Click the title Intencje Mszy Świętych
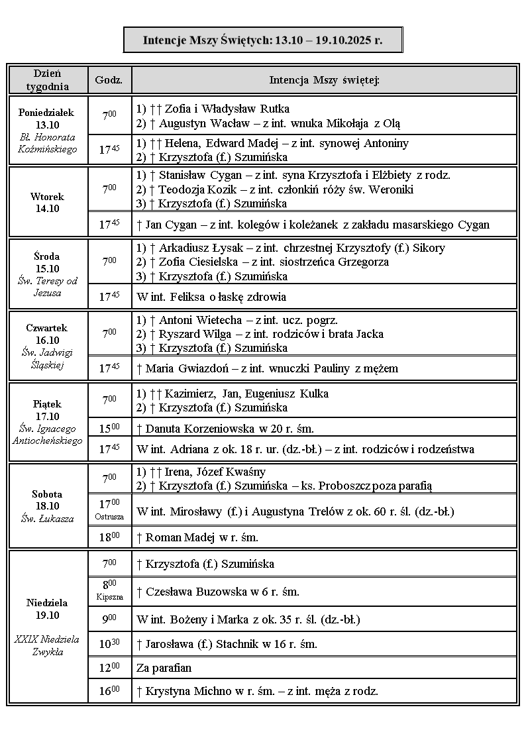click(x=262, y=40)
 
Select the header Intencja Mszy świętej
click(x=324, y=80)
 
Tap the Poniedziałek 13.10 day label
click(x=46, y=119)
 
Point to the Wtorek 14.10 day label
click(x=47, y=202)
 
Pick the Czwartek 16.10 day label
click(x=47, y=334)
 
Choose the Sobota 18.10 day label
click(x=47, y=500)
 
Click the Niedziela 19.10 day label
click(x=47, y=609)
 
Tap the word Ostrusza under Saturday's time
click(x=109, y=516)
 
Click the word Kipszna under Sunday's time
click(x=109, y=597)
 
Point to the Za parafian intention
click(x=164, y=668)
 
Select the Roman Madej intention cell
click(x=197, y=537)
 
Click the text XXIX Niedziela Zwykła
click(x=47, y=645)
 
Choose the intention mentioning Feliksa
click(x=211, y=297)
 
